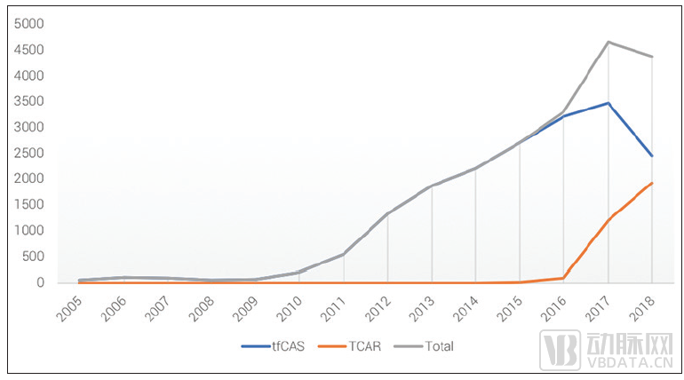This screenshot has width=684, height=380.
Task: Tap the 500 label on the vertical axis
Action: pyautogui.click(x=34, y=257)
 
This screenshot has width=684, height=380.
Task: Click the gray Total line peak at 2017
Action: pyautogui.click(x=608, y=42)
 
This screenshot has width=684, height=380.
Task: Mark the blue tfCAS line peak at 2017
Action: pyautogui.click(x=608, y=103)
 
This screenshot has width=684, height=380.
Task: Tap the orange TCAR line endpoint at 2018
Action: pyautogui.click(x=653, y=183)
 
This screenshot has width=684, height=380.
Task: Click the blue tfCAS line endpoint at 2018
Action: pyautogui.click(x=653, y=156)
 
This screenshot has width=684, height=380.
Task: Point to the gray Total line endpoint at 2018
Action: pyautogui.click(x=653, y=57)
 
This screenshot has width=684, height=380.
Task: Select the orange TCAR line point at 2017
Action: pyautogui.click(x=608, y=219)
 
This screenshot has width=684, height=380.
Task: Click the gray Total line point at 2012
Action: pyautogui.click(x=387, y=214)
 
